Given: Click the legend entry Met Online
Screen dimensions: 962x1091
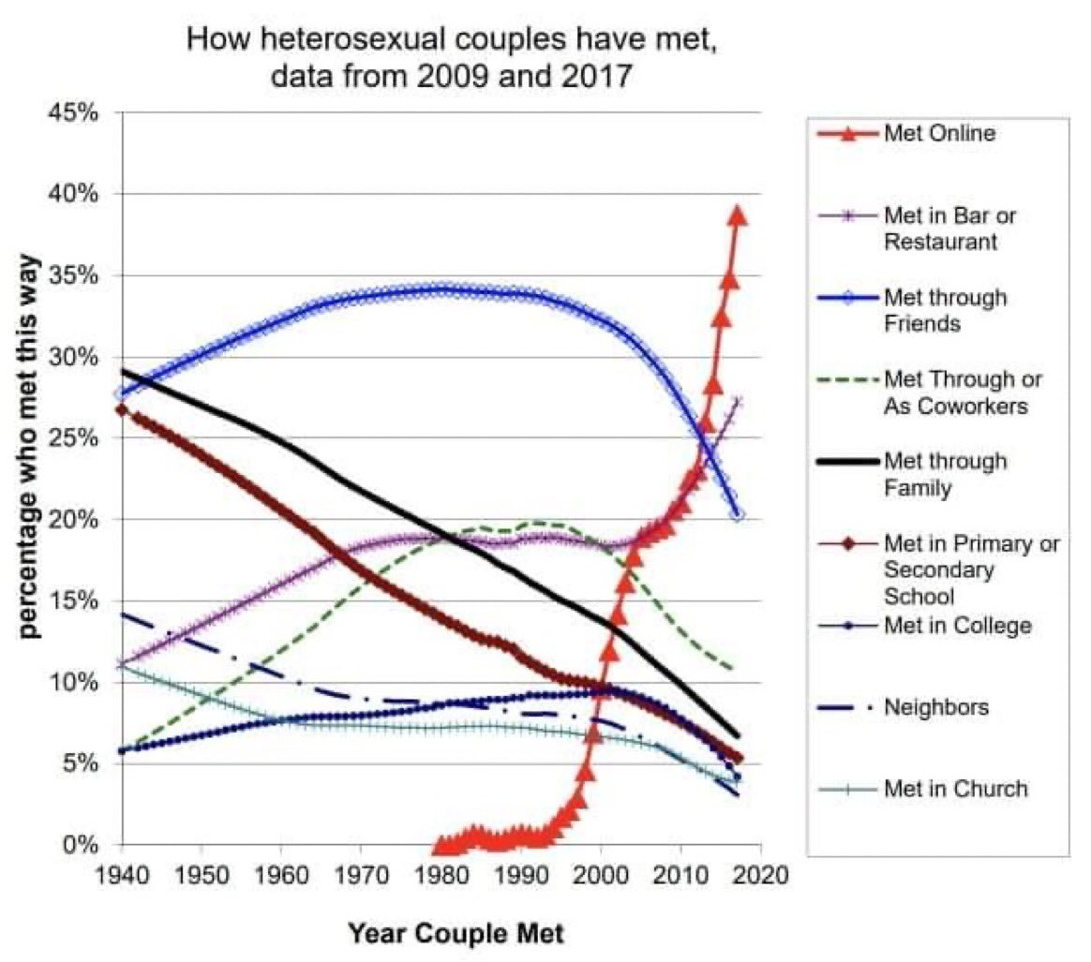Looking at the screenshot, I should point(938,133).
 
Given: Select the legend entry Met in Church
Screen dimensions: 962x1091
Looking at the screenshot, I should point(954,789).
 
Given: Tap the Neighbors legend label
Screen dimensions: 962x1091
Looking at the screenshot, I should point(935,706).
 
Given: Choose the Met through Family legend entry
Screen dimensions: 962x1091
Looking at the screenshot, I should point(945,474).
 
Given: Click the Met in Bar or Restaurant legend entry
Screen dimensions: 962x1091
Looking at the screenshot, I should point(949,228).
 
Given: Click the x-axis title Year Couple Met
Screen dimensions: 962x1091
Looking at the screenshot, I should point(456,933).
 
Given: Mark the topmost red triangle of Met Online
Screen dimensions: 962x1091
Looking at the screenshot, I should point(738,215).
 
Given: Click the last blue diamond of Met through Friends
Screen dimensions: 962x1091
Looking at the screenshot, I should point(738,515).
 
